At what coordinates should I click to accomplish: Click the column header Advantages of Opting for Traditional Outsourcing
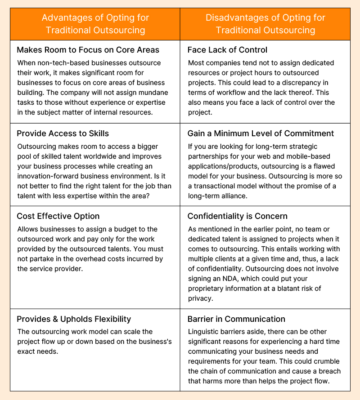click(x=95, y=24)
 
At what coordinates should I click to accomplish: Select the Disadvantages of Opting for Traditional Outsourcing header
click(x=265, y=24)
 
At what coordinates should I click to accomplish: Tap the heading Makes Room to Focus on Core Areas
click(x=88, y=50)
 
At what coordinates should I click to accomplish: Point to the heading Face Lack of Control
click(x=227, y=50)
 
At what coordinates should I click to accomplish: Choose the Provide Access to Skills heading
click(x=63, y=133)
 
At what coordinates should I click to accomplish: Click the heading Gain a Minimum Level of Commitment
click(x=261, y=133)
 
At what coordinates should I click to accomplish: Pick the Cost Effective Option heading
click(x=58, y=216)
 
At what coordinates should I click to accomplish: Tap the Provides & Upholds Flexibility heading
click(x=74, y=319)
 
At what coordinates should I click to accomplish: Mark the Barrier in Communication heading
click(x=236, y=319)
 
